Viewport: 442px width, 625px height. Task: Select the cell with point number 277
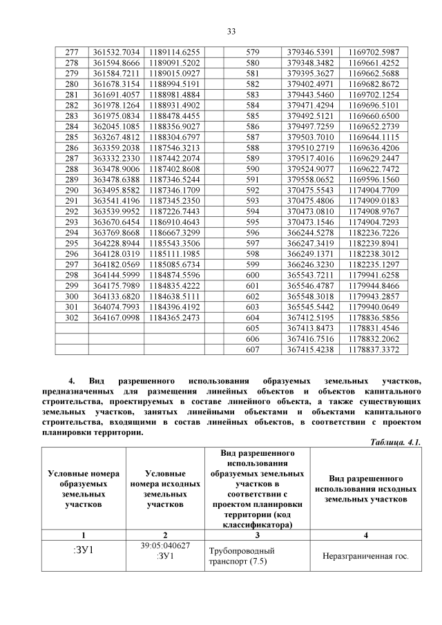click(71, 52)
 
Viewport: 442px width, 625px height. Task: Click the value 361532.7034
click(116, 52)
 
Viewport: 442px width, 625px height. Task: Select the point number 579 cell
click(252, 52)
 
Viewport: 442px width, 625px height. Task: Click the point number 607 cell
click(252, 350)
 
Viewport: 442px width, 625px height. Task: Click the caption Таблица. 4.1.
click(396, 441)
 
